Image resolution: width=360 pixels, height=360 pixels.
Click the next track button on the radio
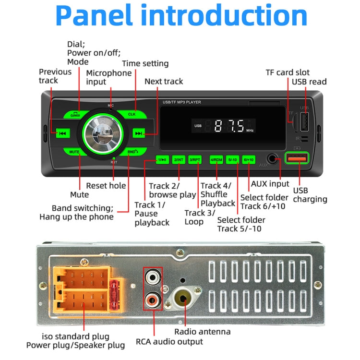click(x=139, y=133)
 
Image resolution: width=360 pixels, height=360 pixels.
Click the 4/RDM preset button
click(x=216, y=160)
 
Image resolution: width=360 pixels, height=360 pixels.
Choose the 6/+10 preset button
click(x=248, y=160)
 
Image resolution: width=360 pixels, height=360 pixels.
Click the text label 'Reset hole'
click(x=106, y=186)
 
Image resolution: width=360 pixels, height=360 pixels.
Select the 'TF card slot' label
click(x=288, y=72)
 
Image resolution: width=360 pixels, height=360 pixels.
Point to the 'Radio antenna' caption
click(x=202, y=332)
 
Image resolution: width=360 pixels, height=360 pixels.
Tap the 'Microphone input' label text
click(x=108, y=77)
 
